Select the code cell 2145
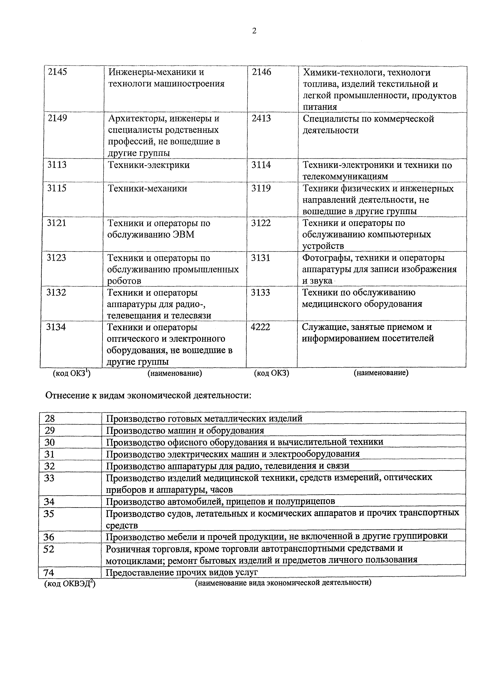tap(57, 72)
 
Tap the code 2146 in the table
tap(261, 72)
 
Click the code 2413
tap(261, 118)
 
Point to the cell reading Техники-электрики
tap(149, 165)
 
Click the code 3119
tap(261, 188)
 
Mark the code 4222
tap(260, 327)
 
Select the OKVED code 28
tap(50, 419)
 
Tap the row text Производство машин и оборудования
tap(185, 430)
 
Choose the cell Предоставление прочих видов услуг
tap(182, 572)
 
